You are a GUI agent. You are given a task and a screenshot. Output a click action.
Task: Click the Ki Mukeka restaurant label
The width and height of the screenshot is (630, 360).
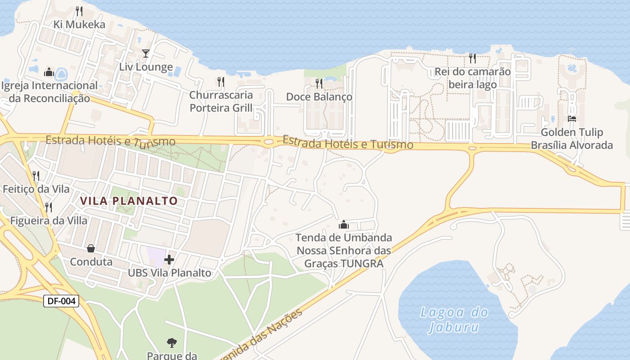point(79,24)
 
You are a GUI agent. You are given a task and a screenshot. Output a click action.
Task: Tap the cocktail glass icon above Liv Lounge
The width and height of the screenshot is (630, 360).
point(145,54)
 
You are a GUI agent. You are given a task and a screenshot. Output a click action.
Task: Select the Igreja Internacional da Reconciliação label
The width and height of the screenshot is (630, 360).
point(49,92)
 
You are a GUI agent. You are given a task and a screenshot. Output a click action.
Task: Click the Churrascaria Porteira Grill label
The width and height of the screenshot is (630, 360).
point(221,101)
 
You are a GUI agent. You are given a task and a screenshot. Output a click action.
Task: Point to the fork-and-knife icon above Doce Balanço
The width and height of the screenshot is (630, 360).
point(319,83)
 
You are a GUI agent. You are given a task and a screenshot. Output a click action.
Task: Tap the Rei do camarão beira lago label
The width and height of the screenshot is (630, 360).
point(472,78)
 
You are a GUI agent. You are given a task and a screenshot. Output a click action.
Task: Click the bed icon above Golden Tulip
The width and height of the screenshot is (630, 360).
point(572,119)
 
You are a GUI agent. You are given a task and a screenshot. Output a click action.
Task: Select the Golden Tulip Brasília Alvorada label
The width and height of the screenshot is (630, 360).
point(572,139)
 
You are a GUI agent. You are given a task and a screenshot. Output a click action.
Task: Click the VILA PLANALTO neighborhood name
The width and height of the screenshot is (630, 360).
point(130,201)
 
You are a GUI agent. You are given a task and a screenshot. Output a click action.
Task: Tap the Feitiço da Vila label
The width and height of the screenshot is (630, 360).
point(36,189)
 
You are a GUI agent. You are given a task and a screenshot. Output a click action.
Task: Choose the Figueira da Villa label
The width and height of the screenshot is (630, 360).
point(49,220)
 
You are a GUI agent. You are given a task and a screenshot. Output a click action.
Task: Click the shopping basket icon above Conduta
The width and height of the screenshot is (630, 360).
point(91,248)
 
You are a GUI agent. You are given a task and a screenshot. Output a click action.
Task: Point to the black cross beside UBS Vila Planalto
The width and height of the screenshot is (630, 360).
point(169,260)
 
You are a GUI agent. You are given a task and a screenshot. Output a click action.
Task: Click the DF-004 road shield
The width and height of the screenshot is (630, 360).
point(61,301)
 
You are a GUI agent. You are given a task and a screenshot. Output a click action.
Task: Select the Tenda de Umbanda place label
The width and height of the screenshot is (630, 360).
point(344,250)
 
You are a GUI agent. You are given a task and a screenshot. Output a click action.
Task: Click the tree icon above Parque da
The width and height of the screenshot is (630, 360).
point(171,343)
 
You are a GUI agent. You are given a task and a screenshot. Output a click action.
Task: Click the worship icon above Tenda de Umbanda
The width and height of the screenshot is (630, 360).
point(344,224)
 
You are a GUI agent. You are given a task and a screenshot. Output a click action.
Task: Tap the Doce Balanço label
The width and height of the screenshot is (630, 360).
point(319,97)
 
